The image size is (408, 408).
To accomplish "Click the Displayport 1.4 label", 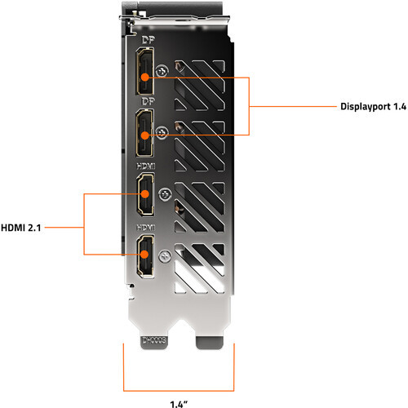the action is [373, 106].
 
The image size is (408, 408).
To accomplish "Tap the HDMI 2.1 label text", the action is [21, 228].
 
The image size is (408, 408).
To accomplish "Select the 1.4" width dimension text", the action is [179, 404].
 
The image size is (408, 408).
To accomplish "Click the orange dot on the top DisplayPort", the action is [145, 78].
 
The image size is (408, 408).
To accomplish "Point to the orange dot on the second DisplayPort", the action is [145, 135].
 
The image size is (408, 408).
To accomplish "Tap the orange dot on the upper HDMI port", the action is [145, 194].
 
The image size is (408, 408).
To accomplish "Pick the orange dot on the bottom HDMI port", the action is [144, 255].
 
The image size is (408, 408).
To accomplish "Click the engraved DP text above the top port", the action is [149, 40].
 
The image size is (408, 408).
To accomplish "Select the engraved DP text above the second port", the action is [149, 101].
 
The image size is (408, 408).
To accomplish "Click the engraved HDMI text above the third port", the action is [146, 166].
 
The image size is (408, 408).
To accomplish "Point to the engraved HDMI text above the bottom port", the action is [146, 228].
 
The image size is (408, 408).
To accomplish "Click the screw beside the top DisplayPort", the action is [162, 72].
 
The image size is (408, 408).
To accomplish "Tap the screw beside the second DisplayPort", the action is [162, 133].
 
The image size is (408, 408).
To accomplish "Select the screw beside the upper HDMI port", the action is [165, 194].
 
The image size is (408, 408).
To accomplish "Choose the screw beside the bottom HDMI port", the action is [165, 256].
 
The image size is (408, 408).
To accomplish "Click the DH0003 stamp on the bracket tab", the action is [154, 340].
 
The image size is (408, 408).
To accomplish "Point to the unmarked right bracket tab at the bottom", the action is [210, 342].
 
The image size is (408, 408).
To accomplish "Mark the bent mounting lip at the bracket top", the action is [175, 20].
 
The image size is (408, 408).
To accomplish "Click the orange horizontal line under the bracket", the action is [179, 391].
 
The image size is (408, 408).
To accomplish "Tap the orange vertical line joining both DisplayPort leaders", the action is [249, 106].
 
